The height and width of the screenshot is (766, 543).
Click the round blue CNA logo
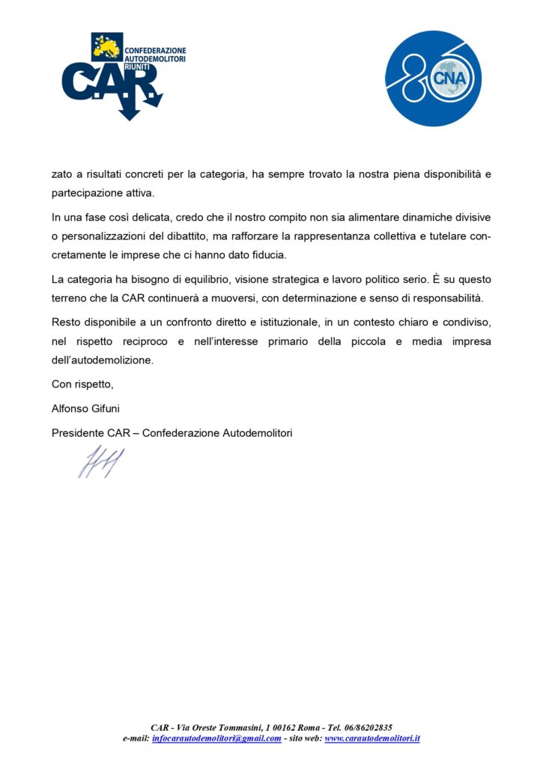coord(433,78)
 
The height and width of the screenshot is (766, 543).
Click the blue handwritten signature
coord(100,462)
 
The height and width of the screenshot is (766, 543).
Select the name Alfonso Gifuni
coord(85,408)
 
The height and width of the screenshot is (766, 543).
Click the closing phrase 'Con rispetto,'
coord(82,384)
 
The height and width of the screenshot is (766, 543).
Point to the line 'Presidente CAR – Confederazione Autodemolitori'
coord(172,432)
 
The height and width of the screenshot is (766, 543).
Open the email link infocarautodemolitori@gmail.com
coord(216,738)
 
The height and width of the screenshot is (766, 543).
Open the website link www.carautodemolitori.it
coord(371,738)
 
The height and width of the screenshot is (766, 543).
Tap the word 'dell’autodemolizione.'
coord(102,360)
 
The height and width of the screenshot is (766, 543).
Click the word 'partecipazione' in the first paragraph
coord(85,193)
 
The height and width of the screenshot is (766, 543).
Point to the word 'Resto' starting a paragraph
coord(65,322)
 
